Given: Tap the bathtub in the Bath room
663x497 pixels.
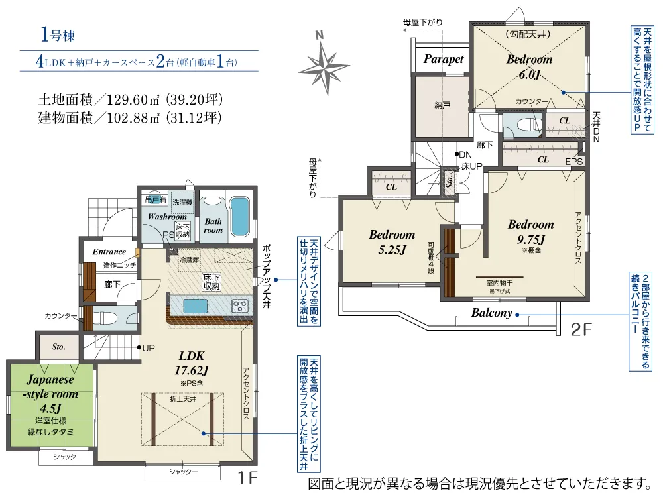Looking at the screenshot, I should coord(239,216).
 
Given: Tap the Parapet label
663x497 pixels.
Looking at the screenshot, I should coord(444,59).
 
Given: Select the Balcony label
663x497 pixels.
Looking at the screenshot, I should coord(492,313).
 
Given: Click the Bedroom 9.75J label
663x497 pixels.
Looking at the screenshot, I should coord(530,231).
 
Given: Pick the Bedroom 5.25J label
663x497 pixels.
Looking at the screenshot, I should coord(392,241).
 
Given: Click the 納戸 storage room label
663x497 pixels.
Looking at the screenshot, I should coord(443,105).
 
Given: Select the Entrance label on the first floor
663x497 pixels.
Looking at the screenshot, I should coord(109,252).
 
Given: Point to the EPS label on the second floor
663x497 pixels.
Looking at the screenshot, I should coord(574,161).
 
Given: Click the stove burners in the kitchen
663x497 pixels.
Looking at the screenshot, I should coord(239,305).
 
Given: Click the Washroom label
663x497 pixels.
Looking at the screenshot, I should coord(167,217).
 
